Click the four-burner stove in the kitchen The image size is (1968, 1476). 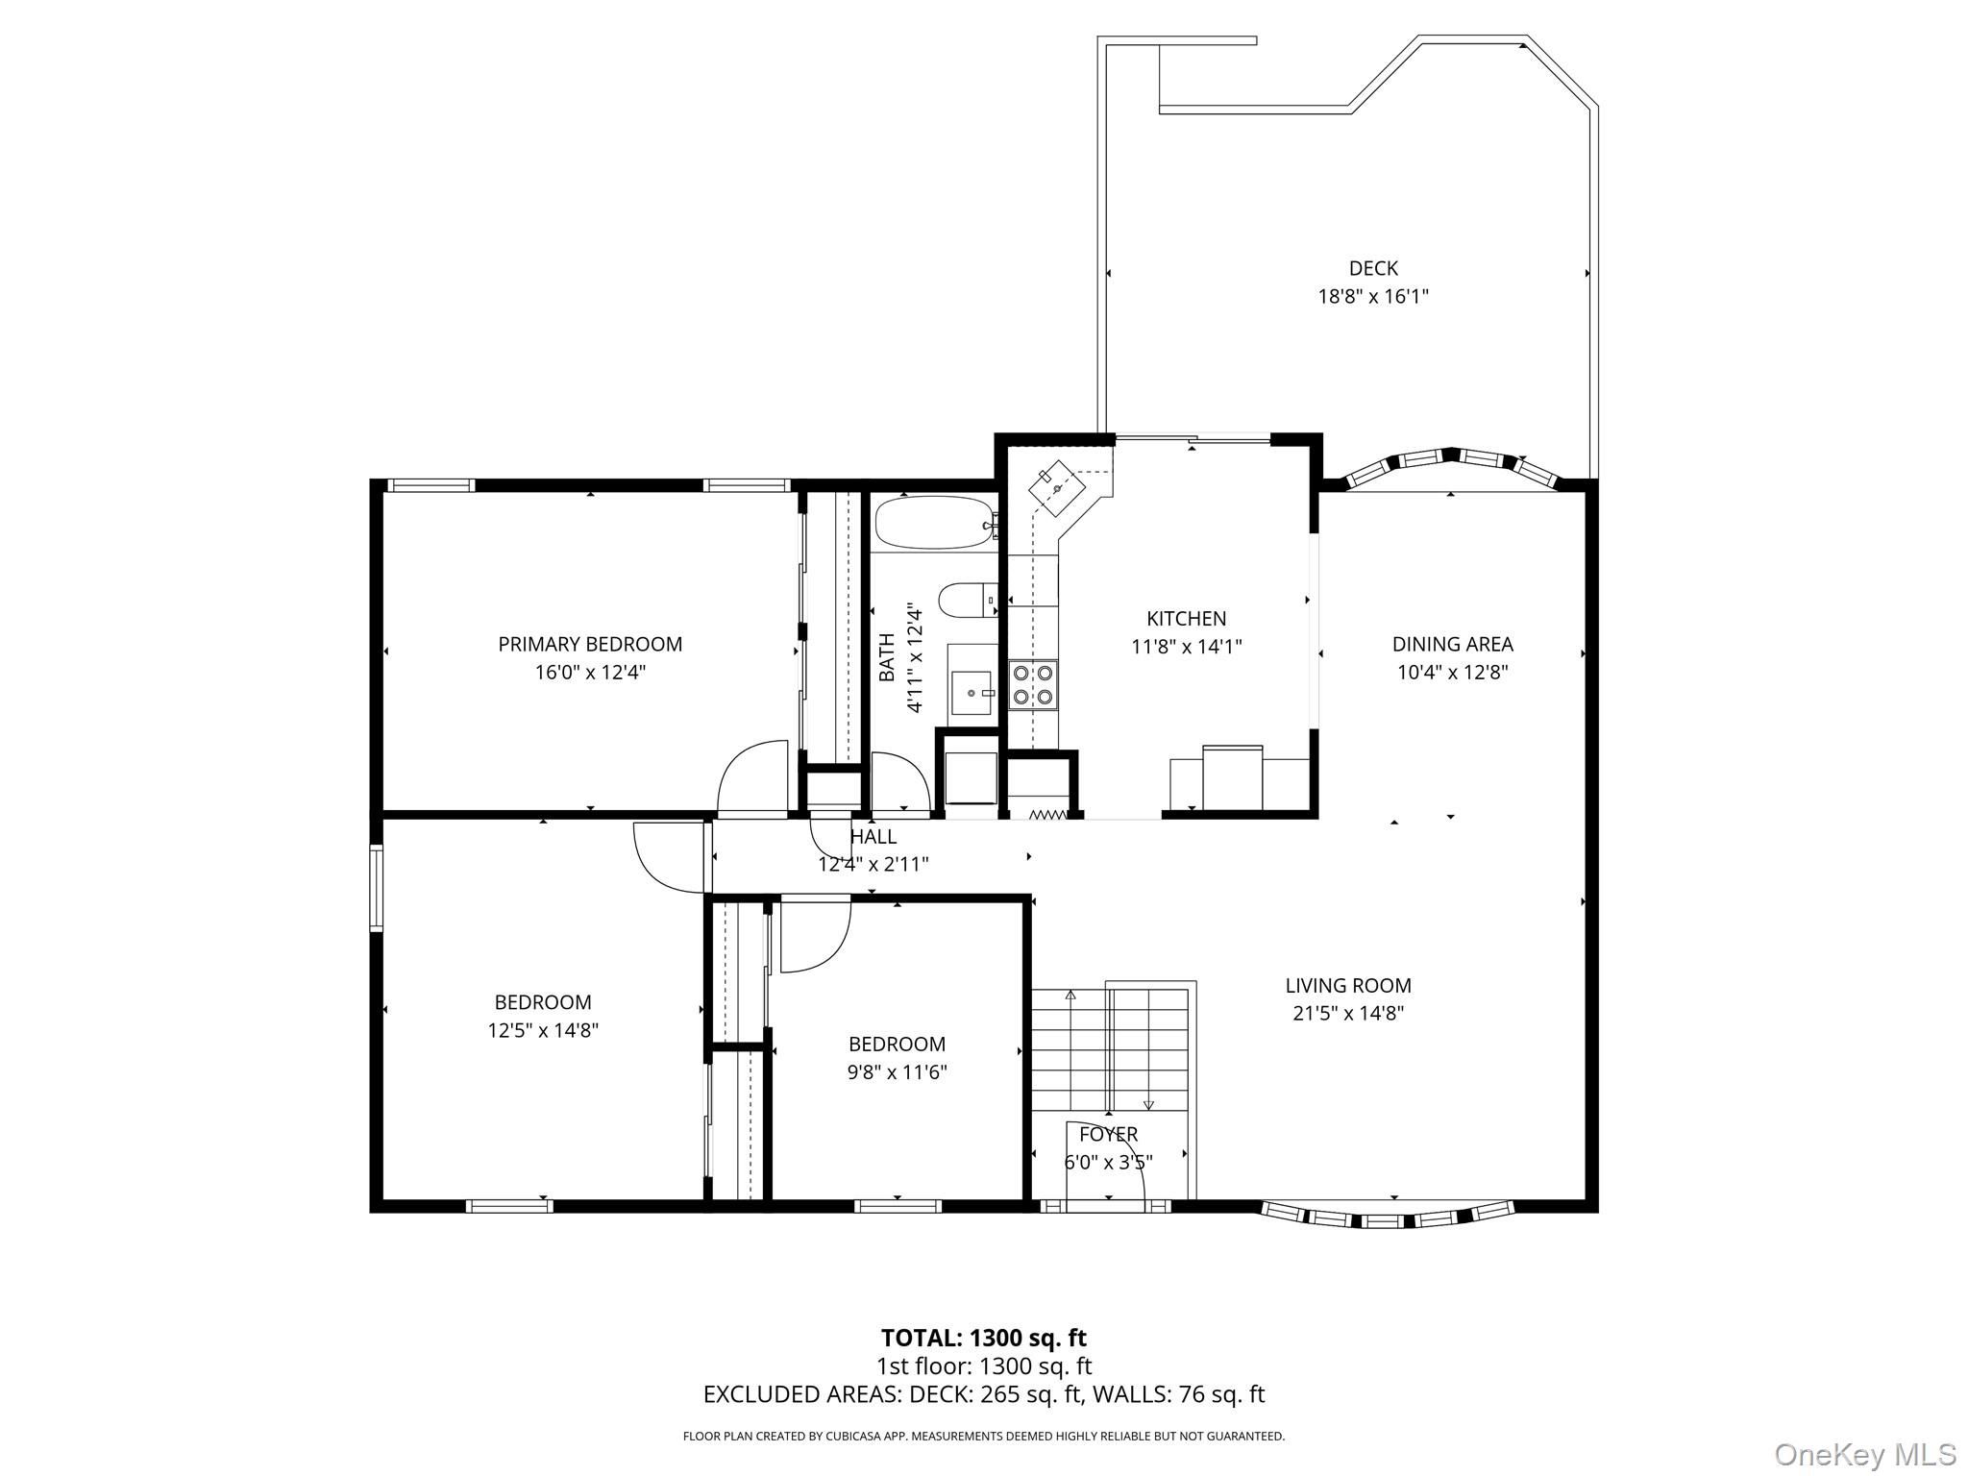1033,685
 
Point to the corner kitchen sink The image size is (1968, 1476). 1056,490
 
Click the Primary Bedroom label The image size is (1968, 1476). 590,644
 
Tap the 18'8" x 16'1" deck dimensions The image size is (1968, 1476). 1372,297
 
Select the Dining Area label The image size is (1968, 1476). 1452,644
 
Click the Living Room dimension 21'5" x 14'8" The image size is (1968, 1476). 1348,1013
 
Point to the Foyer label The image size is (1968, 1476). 1108,1134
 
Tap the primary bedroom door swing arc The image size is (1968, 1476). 752,777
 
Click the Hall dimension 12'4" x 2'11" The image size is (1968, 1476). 873,864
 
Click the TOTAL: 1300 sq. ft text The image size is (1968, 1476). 983,1338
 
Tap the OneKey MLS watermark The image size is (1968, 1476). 1864,1454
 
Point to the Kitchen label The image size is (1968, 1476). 1186,619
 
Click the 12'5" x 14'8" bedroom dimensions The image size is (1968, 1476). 543,1030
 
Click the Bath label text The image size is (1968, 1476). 886,657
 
